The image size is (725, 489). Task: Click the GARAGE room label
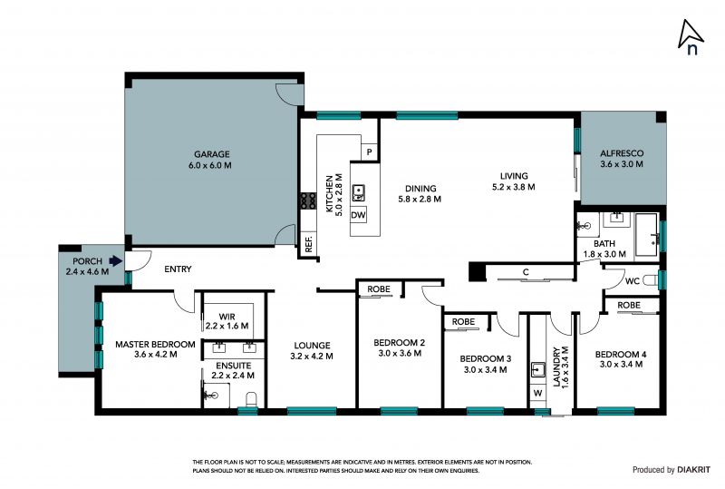pos(212,154)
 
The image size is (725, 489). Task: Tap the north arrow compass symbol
pos(690,36)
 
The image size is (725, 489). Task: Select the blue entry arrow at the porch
pos(116,261)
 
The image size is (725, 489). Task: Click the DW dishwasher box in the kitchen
pos(358,215)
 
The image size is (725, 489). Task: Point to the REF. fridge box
pos(309,243)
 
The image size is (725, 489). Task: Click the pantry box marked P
pos(370,152)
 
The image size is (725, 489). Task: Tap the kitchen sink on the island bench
pos(358,192)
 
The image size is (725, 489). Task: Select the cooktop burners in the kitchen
pos(308,200)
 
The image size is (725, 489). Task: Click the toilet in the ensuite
pos(251,398)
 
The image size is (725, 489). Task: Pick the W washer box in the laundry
pos(537,393)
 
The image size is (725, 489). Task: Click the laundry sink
pos(537,370)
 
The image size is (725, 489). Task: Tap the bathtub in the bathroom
pos(646,235)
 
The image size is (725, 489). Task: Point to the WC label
pos(632,281)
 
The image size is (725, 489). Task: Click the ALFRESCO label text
pos(622,153)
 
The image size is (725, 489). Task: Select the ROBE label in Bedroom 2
pos(379,289)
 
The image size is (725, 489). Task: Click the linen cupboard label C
pos(526,272)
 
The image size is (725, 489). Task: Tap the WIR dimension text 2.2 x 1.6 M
pos(227,326)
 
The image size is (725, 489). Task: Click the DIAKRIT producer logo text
pos(693,470)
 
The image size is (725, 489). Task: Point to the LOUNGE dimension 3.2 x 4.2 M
pos(312,357)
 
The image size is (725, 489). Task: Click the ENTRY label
pos(178,269)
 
